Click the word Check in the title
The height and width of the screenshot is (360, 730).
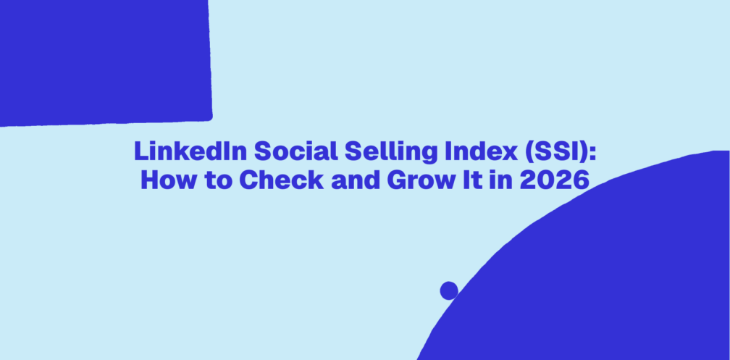[282, 180]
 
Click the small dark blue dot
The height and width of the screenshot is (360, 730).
[449, 290]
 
